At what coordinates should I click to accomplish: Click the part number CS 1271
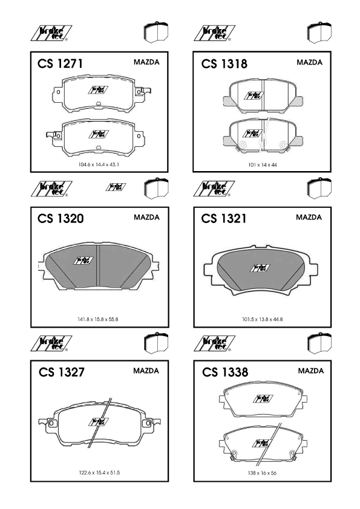(x=60, y=63)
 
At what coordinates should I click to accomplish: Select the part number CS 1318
(x=224, y=64)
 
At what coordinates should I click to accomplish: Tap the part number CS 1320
(x=61, y=218)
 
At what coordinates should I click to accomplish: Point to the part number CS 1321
(x=223, y=218)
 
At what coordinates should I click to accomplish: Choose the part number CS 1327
(x=61, y=372)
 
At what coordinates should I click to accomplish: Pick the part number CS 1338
(x=225, y=372)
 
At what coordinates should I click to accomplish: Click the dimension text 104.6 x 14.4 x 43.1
(x=99, y=164)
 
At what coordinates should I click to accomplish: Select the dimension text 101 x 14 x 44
(x=263, y=165)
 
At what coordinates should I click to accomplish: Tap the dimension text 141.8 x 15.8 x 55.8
(x=98, y=319)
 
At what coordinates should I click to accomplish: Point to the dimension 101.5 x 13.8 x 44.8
(x=262, y=319)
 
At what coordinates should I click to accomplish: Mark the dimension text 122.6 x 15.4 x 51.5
(x=99, y=473)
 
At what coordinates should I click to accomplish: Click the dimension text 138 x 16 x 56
(x=262, y=473)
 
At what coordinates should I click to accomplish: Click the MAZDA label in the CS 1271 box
(x=146, y=62)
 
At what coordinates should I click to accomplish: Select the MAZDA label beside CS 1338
(x=311, y=371)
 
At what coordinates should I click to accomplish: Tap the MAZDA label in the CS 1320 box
(x=146, y=217)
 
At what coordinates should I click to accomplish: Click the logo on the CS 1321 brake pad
(x=260, y=268)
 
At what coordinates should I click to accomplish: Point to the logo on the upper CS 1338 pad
(x=263, y=398)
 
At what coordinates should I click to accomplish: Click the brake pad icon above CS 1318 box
(x=319, y=32)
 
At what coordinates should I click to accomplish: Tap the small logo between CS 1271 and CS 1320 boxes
(x=116, y=187)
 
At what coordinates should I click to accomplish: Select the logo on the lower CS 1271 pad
(x=99, y=134)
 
